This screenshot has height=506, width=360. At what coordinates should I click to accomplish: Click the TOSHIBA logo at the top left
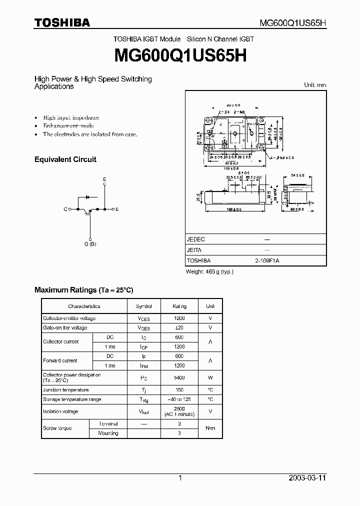[x=62, y=22]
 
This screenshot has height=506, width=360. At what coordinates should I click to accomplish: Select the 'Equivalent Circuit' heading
[x=65, y=159]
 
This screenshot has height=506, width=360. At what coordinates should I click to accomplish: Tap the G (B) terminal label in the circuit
[x=90, y=244]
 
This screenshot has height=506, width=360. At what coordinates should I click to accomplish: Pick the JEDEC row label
[x=195, y=239]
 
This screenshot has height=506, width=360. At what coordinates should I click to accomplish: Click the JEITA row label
[x=194, y=250]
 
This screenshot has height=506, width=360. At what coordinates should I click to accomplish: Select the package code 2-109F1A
[x=267, y=260]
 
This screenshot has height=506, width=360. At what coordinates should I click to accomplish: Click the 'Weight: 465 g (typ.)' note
[x=209, y=271]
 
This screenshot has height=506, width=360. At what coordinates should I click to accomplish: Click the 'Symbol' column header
[x=143, y=306]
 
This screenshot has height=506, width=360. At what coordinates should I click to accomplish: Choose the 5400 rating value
[x=179, y=377]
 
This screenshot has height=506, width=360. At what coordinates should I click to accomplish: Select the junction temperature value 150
[x=179, y=390]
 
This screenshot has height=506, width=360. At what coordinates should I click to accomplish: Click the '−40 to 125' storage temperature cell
[x=179, y=399]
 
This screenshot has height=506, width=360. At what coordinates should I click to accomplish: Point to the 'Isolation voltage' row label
[x=60, y=411]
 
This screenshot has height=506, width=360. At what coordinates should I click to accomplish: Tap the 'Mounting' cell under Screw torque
[x=108, y=433]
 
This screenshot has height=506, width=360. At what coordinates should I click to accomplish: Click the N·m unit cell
[x=210, y=428]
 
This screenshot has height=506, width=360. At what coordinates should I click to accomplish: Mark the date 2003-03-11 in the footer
[x=307, y=478]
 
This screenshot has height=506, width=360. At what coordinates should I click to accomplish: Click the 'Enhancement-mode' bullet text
[x=68, y=125]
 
